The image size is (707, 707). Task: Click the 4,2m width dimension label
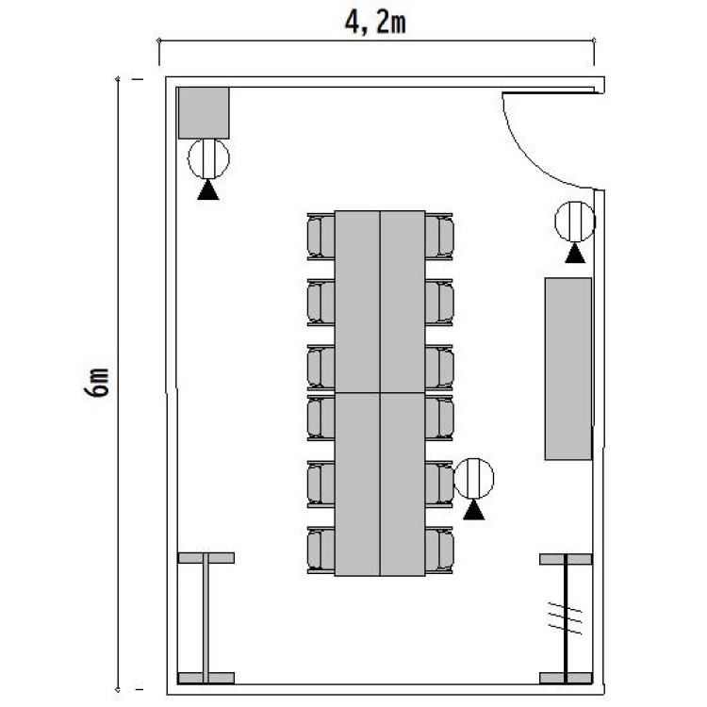374,22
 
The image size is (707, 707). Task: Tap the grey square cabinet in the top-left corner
205,112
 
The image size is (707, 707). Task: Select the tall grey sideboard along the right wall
567,369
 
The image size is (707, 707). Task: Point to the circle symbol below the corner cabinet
208,158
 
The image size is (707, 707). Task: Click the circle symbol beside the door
574,222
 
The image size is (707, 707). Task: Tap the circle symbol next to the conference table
473,478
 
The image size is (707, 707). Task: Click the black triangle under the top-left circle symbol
208,190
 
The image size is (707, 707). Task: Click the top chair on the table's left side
321,236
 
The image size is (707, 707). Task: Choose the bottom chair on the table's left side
321,549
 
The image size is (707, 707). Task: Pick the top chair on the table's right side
440,236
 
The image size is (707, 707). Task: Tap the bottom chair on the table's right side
440,549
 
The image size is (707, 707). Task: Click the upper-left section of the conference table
358,302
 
